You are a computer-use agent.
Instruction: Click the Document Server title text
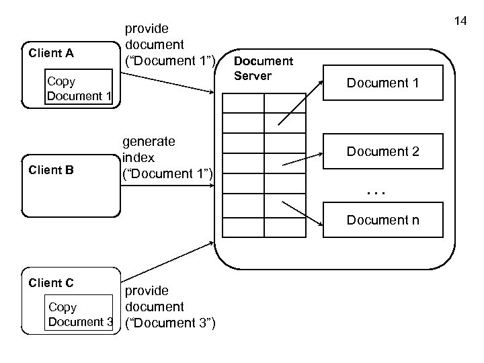[263, 69]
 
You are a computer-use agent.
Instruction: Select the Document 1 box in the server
[382, 83]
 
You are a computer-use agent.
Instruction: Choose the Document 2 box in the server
[382, 151]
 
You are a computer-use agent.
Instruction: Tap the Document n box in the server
[382, 219]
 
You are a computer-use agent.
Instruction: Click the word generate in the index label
[149, 142]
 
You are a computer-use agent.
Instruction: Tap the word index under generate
[138, 158]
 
